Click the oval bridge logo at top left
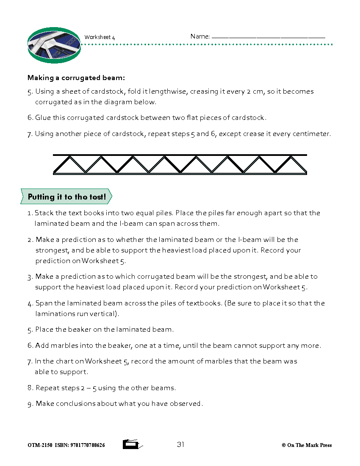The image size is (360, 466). pyautogui.click(x=54, y=45)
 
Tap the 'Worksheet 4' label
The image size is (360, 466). pyautogui.click(x=100, y=37)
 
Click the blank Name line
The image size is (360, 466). pyautogui.click(x=268, y=37)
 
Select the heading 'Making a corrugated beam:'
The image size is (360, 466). pyautogui.click(x=76, y=78)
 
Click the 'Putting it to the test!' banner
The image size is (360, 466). pyautogui.click(x=66, y=197)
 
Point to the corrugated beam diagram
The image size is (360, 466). pyautogui.click(x=180, y=164)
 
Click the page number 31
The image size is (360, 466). pyautogui.click(x=180, y=444)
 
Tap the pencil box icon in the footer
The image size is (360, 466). pyautogui.click(x=132, y=444)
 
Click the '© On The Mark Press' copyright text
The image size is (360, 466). pyautogui.click(x=307, y=445)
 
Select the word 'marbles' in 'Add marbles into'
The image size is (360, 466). pyautogui.click(x=65, y=346)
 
